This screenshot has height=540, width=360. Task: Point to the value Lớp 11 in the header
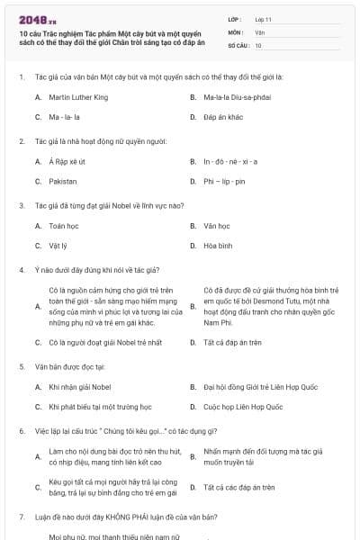tap(264, 18)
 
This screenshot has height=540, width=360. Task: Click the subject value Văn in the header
tap(259, 31)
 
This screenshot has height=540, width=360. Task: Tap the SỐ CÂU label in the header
tap(238, 45)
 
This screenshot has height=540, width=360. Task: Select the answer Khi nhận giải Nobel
tap(80, 387)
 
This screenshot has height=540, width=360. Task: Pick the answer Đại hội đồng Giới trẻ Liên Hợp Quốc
tap(260, 387)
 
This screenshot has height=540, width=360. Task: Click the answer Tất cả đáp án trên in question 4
tap(232, 343)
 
